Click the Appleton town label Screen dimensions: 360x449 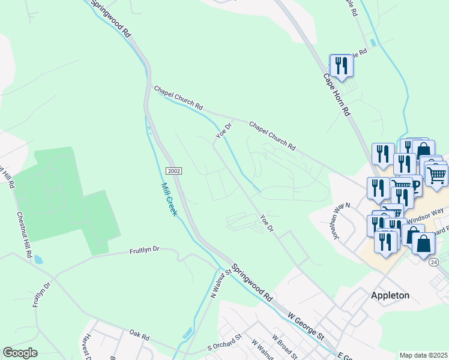(x=390, y=295)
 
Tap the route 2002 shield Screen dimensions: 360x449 (x=174, y=171)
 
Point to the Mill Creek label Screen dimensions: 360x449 (x=167, y=199)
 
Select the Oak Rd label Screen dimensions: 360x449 (x=139, y=335)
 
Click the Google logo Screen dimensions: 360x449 (x=20, y=352)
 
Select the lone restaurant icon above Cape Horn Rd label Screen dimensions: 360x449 (x=341, y=65)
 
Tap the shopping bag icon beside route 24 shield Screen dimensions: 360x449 (x=423, y=245)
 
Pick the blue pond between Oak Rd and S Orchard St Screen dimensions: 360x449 (x=187, y=332)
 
